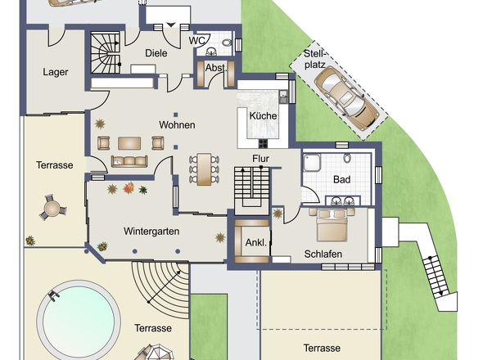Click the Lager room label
pyautogui.click(x=56, y=72)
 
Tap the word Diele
pyautogui.click(x=156, y=53)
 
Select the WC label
pyautogui.click(x=196, y=41)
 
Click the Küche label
pyautogui.click(x=263, y=116)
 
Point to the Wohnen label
pyautogui.click(x=177, y=124)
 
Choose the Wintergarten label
pyautogui.click(x=151, y=231)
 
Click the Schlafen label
pyautogui.click(x=323, y=254)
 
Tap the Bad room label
pyautogui.click(x=342, y=179)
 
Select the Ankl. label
pyautogui.click(x=256, y=243)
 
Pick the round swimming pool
pyautogui.click(x=79, y=320)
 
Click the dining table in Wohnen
pyautogui.click(x=204, y=169)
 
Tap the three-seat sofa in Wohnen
pyautogui.click(x=129, y=161)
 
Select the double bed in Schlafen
pyautogui.click(x=332, y=224)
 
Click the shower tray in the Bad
pyautogui.click(x=312, y=163)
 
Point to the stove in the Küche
pyautogui.click(x=263, y=143)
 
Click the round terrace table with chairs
pyautogui.click(x=52, y=208)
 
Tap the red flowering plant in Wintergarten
pyautogui.click(x=129, y=188)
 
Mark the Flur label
pyautogui.click(x=260, y=159)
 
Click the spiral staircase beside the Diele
pyautogui.click(x=106, y=52)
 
